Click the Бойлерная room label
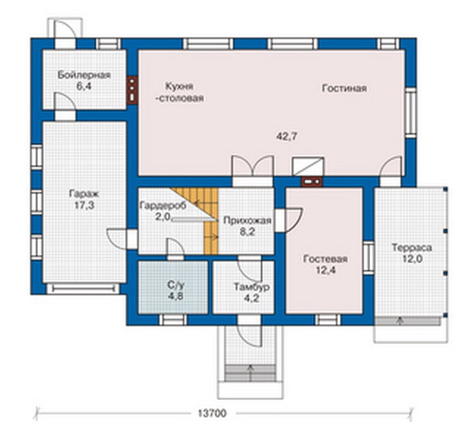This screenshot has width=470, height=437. click(84, 75)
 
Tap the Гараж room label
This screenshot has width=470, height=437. click(84, 194)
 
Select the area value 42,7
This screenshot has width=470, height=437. click(287, 136)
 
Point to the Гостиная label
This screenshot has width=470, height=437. click(344, 89)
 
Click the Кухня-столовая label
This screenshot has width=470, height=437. click(180, 92)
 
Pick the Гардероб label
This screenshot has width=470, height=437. click(163, 205)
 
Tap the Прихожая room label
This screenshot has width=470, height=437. click(247, 221)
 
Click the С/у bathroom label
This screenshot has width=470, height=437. click(176, 285)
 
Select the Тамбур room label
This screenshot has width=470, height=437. click(251, 287)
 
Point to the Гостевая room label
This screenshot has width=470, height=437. click(325, 259)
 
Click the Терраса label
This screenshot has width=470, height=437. click(412, 248)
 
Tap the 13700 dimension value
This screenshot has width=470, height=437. click(212, 413)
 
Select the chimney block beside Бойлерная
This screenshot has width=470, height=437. click(132, 90)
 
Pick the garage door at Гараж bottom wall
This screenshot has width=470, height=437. click(83, 289)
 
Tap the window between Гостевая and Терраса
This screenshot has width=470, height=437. click(369, 258)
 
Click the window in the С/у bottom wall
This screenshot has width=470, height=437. click(173, 320)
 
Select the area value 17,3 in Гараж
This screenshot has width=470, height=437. click(84, 206)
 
